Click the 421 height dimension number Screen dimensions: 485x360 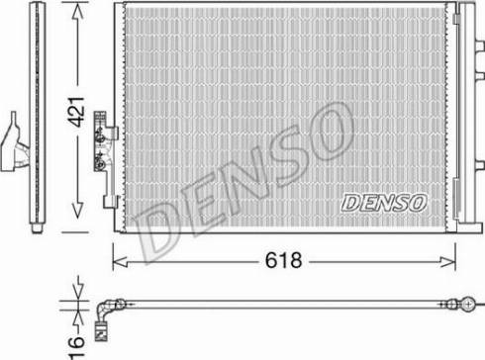coord(76,113)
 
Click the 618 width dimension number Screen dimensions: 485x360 coord(283,260)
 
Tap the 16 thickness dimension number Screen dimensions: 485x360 coord(76,346)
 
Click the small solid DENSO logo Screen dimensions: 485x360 coord(384,203)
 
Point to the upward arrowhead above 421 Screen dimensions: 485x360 coord(77,13)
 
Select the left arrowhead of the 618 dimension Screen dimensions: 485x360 coord(120,262)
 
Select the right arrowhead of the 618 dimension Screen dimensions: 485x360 coord(448,262)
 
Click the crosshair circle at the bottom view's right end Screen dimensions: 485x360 coord(468,304)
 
